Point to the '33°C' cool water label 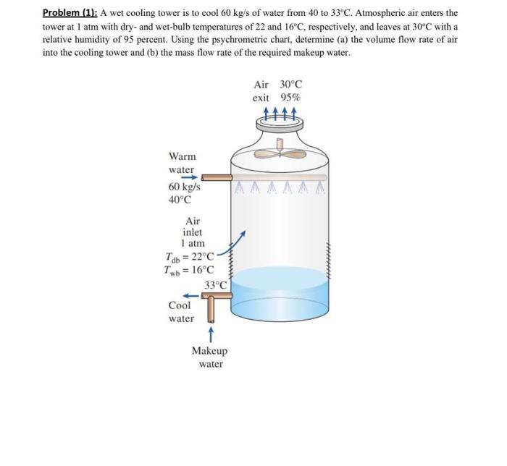[216, 285]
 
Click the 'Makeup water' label [209, 357]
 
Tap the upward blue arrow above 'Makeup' [209, 334]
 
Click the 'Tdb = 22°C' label [190, 257]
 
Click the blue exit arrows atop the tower [280, 114]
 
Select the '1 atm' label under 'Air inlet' [193, 244]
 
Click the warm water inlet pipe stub [216, 177]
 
